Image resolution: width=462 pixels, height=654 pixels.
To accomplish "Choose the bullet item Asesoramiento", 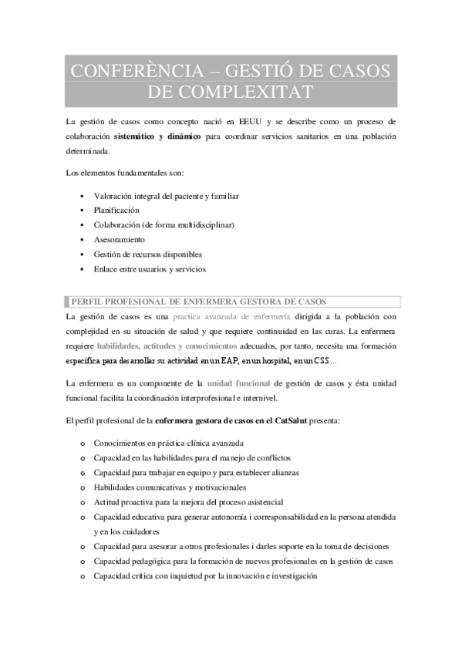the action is point(119,239).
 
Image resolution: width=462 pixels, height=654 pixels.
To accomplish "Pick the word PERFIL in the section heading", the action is point(89,302).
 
